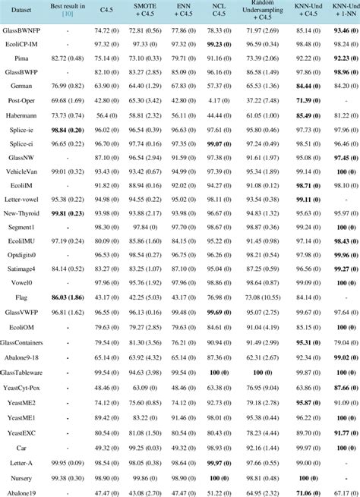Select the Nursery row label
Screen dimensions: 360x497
point(21,479)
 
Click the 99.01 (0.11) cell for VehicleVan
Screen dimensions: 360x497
point(68,171)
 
